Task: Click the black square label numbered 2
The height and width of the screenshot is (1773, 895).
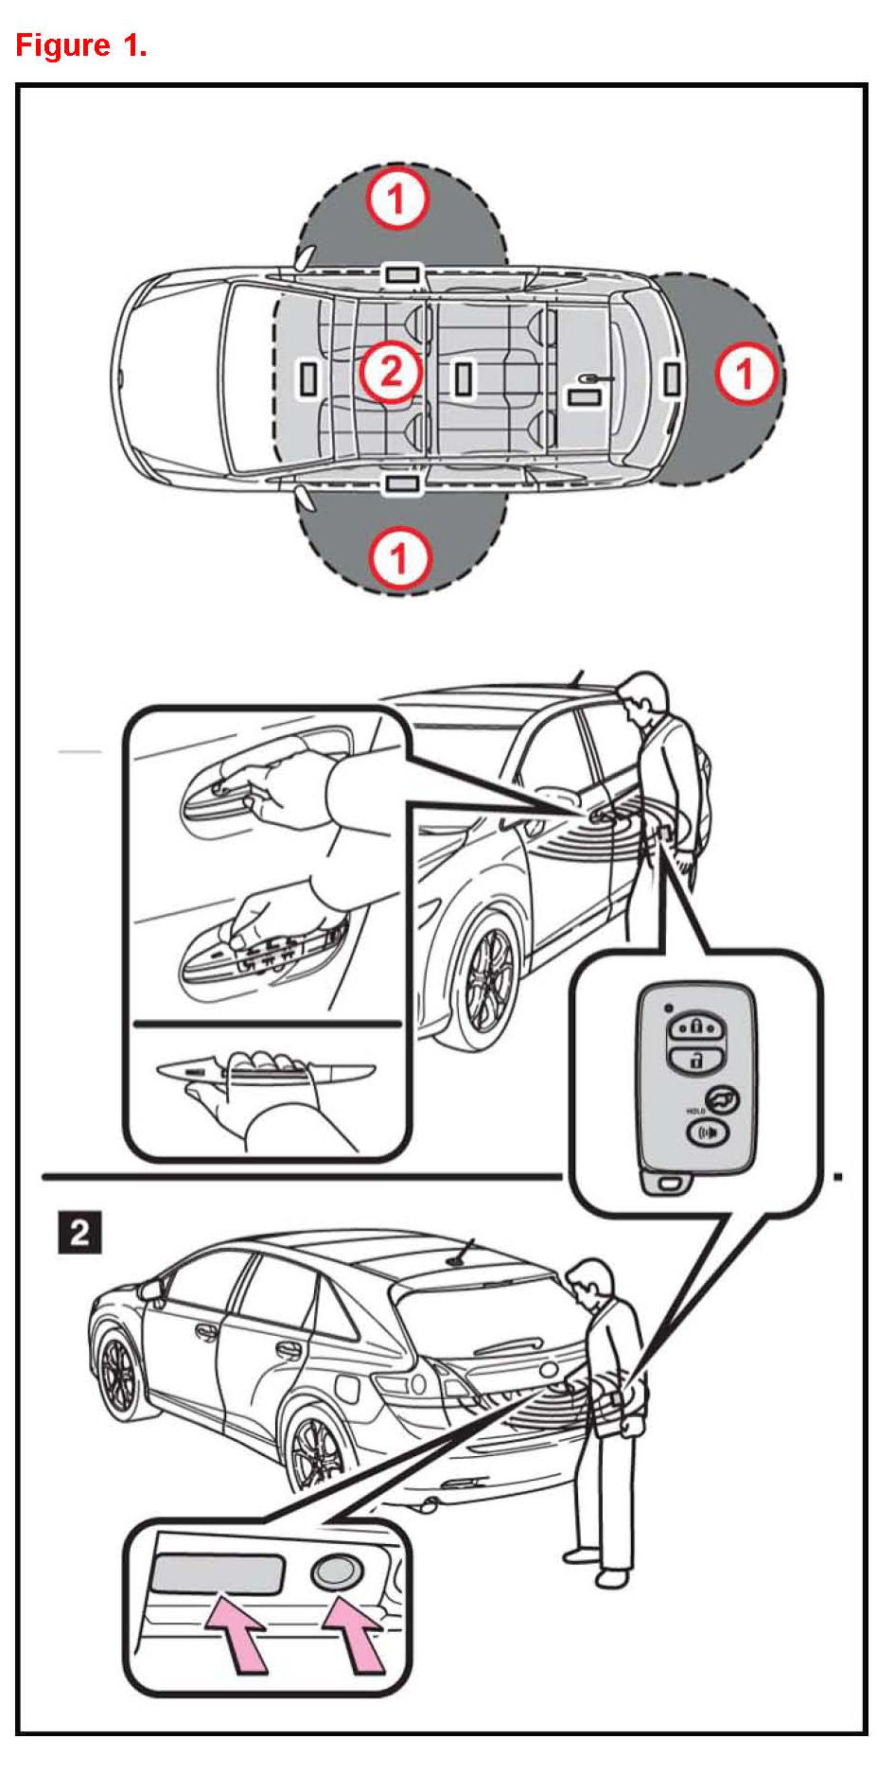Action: (x=79, y=1233)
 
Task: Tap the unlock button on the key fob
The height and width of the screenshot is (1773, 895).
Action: (x=695, y=1059)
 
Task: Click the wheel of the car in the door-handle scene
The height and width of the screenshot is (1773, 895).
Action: (x=488, y=977)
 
